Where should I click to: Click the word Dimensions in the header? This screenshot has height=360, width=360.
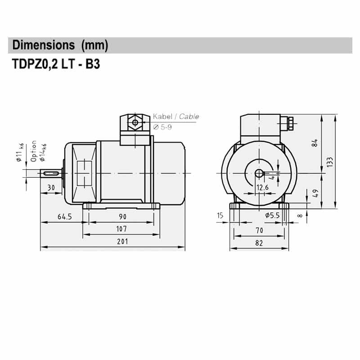pyautogui.click(x=44, y=45)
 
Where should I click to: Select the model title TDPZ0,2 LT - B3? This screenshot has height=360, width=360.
pyautogui.click(x=54, y=64)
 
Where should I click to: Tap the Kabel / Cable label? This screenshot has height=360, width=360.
pyautogui.click(x=175, y=117)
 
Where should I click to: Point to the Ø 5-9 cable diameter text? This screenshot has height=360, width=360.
pyautogui.click(x=162, y=127)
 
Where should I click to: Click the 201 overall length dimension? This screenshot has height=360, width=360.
pyautogui.click(x=122, y=241)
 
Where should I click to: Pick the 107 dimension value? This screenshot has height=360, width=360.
pyautogui.click(x=121, y=229)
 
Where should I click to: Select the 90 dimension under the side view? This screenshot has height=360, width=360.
pyautogui.click(x=122, y=216)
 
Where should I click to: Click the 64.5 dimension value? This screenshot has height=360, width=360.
pyautogui.click(x=64, y=216)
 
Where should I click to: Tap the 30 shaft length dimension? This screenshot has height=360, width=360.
pyautogui.click(x=51, y=187)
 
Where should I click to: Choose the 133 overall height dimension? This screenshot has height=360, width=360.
pyautogui.click(x=330, y=161)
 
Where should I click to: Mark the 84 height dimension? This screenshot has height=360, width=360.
pyautogui.click(x=315, y=143)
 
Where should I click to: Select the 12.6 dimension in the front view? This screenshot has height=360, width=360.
pyautogui.click(x=262, y=187)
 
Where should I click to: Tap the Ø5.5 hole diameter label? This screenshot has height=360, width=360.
pyautogui.click(x=272, y=216)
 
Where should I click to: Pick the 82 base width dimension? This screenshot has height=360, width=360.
pyautogui.click(x=259, y=243)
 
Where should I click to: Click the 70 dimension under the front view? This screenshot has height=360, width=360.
pyautogui.click(x=259, y=230)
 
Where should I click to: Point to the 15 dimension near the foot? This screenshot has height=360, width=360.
pyautogui.click(x=220, y=216)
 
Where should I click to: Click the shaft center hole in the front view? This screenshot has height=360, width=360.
pyautogui.click(x=259, y=173)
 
